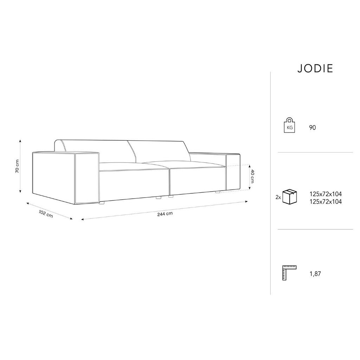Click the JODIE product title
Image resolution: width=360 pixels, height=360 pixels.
(x=315, y=69)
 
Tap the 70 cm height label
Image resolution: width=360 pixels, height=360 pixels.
(x=17, y=166)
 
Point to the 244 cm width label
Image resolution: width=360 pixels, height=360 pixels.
(x=165, y=214)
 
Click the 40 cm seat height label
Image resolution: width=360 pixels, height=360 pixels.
(x=252, y=176)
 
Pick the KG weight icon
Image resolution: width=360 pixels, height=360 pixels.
(x=290, y=125)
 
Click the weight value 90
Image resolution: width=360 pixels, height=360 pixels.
(x=313, y=128)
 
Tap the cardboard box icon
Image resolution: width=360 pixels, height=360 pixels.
(x=290, y=197)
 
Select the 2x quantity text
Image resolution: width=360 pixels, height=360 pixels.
(x=278, y=197)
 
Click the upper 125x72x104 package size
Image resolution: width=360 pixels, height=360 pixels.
(x=326, y=194)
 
